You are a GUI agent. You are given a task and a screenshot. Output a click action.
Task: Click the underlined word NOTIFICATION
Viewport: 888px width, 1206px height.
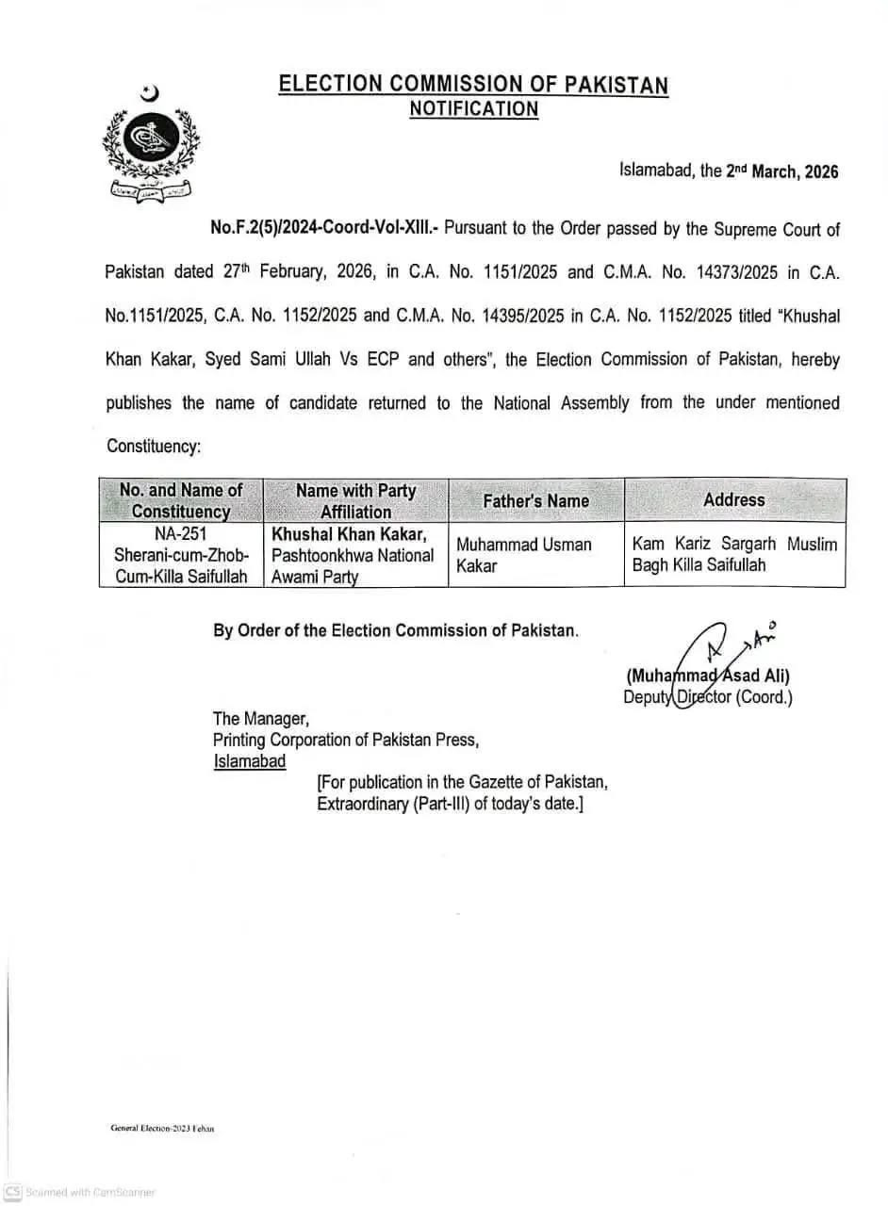click(x=473, y=109)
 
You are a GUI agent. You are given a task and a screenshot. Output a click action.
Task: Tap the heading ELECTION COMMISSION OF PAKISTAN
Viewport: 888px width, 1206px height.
click(x=473, y=85)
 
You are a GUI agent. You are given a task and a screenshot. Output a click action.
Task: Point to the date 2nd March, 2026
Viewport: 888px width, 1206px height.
click(x=781, y=172)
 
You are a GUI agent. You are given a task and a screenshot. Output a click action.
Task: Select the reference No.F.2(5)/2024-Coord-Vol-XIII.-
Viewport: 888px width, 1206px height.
click(x=324, y=229)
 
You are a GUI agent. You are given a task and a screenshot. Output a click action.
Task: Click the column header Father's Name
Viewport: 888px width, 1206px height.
click(x=535, y=501)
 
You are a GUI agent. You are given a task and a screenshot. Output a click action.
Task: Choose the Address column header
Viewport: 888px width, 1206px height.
click(x=733, y=499)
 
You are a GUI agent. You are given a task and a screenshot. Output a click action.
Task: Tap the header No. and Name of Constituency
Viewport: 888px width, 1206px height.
click(x=180, y=500)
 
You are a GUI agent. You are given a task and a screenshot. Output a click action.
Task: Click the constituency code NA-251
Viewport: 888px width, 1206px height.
click(x=180, y=534)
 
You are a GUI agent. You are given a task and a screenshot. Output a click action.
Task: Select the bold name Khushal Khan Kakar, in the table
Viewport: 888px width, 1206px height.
click(x=349, y=534)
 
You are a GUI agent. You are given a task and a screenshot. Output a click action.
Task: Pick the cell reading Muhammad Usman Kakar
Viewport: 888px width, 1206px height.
click(x=523, y=555)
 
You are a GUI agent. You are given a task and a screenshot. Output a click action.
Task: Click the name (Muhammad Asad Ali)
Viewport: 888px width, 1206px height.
click(x=707, y=676)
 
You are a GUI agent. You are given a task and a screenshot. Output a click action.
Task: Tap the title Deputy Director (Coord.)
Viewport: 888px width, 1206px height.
click(x=707, y=698)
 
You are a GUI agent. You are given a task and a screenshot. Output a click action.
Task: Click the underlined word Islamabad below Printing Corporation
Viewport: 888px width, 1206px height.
click(x=249, y=761)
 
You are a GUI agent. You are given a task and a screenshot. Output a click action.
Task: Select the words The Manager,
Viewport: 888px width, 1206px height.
click(x=260, y=719)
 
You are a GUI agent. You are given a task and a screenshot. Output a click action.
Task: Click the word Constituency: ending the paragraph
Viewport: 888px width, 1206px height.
click(x=153, y=446)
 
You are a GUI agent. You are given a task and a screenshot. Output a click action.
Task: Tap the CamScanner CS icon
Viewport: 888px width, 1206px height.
click(x=12, y=1192)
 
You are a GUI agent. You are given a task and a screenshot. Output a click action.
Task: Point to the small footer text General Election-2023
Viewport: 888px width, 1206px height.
click(x=162, y=1128)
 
